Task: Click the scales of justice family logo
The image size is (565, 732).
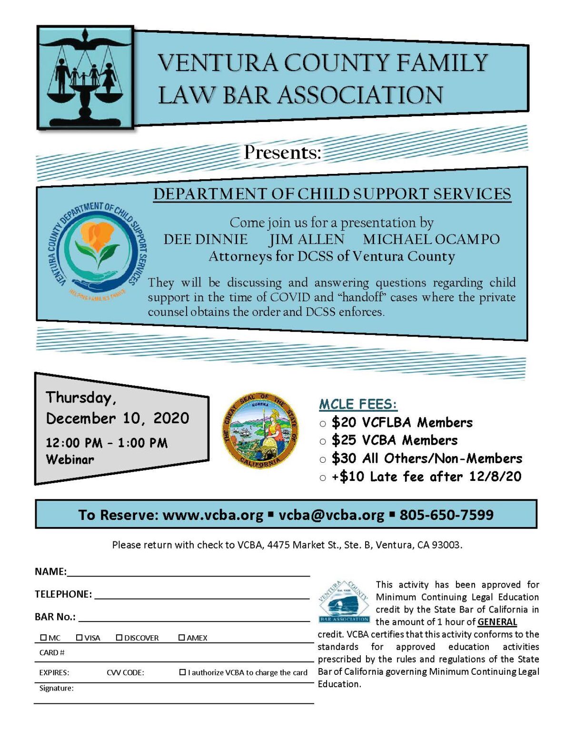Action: tap(85, 78)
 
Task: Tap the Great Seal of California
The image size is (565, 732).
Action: tap(261, 430)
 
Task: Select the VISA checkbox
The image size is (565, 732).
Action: tap(79, 637)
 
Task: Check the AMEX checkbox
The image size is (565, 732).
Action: tap(182, 637)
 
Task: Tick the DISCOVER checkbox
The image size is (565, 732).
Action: tap(119, 637)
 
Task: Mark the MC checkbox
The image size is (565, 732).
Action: tap(44, 637)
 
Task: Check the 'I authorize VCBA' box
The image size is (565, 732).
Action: tap(182, 672)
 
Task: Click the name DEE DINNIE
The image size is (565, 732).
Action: tap(206, 239)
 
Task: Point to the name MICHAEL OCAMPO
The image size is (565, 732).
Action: tap(431, 239)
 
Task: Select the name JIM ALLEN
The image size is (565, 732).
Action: tap(307, 239)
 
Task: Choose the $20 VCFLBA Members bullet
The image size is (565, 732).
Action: tap(323, 423)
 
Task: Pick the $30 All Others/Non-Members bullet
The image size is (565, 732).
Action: tap(323, 459)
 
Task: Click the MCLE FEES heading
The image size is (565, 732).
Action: tap(358, 404)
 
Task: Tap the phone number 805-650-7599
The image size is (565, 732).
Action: tap(446, 515)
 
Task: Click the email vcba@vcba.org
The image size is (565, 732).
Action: tap(331, 515)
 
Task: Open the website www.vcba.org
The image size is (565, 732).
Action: tap(213, 515)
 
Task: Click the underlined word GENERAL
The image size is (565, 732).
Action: tap(497, 621)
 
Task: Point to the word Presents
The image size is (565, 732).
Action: tap(283, 152)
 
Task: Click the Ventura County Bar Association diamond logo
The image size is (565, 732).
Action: tap(344, 601)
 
